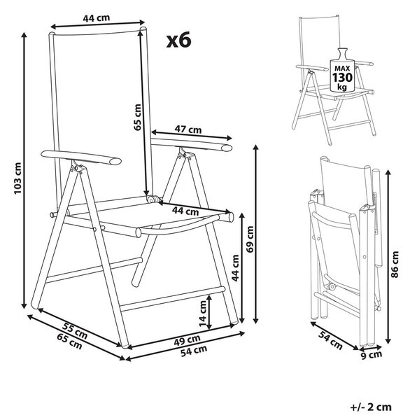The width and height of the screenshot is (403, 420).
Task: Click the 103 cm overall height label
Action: coord(17,178)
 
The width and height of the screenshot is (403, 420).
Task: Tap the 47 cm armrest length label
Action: coord(188,129)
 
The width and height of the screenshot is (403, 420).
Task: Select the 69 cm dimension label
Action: coord(250,239)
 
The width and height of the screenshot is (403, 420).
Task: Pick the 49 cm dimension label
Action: coord(187,340)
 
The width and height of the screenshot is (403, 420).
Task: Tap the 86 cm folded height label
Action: coord(395,265)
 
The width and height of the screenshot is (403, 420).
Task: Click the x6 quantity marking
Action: coord(178,40)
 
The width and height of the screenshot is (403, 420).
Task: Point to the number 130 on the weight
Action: coord(343,78)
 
